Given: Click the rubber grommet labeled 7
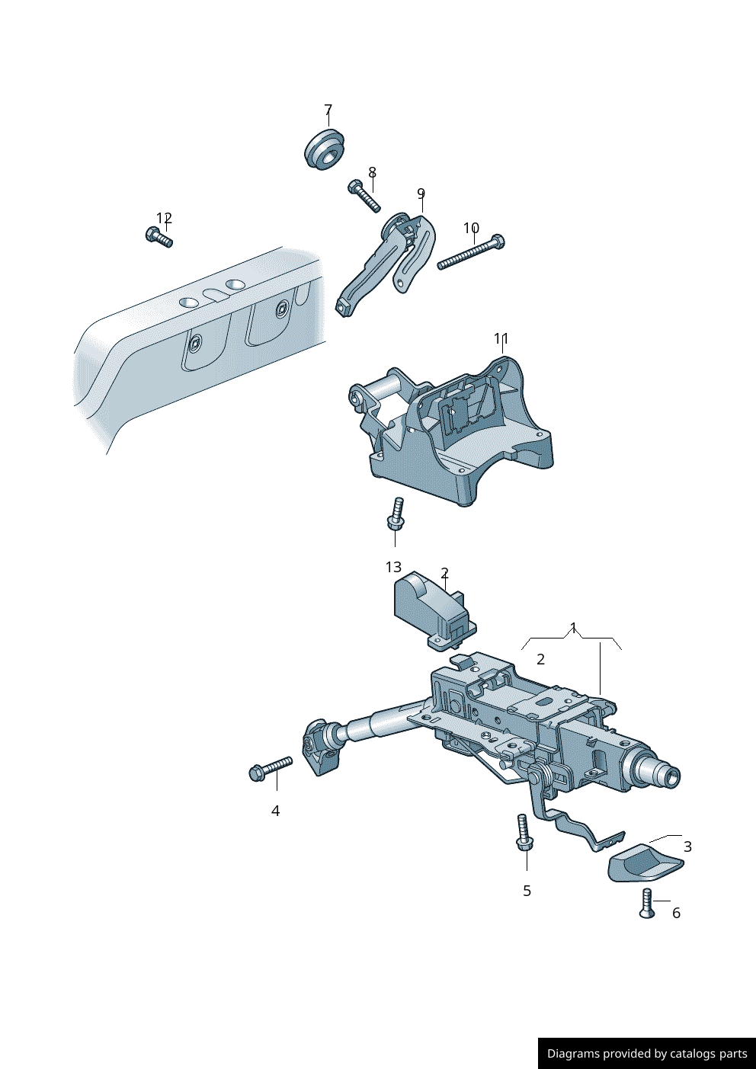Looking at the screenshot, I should [x=324, y=149].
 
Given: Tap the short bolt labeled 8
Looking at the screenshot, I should [x=364, y=196].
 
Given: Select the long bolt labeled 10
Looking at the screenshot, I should [x=471, y=253].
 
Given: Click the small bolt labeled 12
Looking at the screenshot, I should [x=159, y=237].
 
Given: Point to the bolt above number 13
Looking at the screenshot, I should [x=396, y=514].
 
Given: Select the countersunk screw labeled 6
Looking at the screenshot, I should [x=647, y=904].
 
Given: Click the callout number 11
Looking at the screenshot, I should [x=501, y=338].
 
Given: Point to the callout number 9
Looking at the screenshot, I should [x=421, y=194].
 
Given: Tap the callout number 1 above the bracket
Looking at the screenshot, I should [x=574, y=629].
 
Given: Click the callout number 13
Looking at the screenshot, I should [x=393, y=567].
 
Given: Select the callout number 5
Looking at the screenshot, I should [x=527, y=891].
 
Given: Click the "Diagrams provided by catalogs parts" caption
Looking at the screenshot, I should [x=647, y=1054].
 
